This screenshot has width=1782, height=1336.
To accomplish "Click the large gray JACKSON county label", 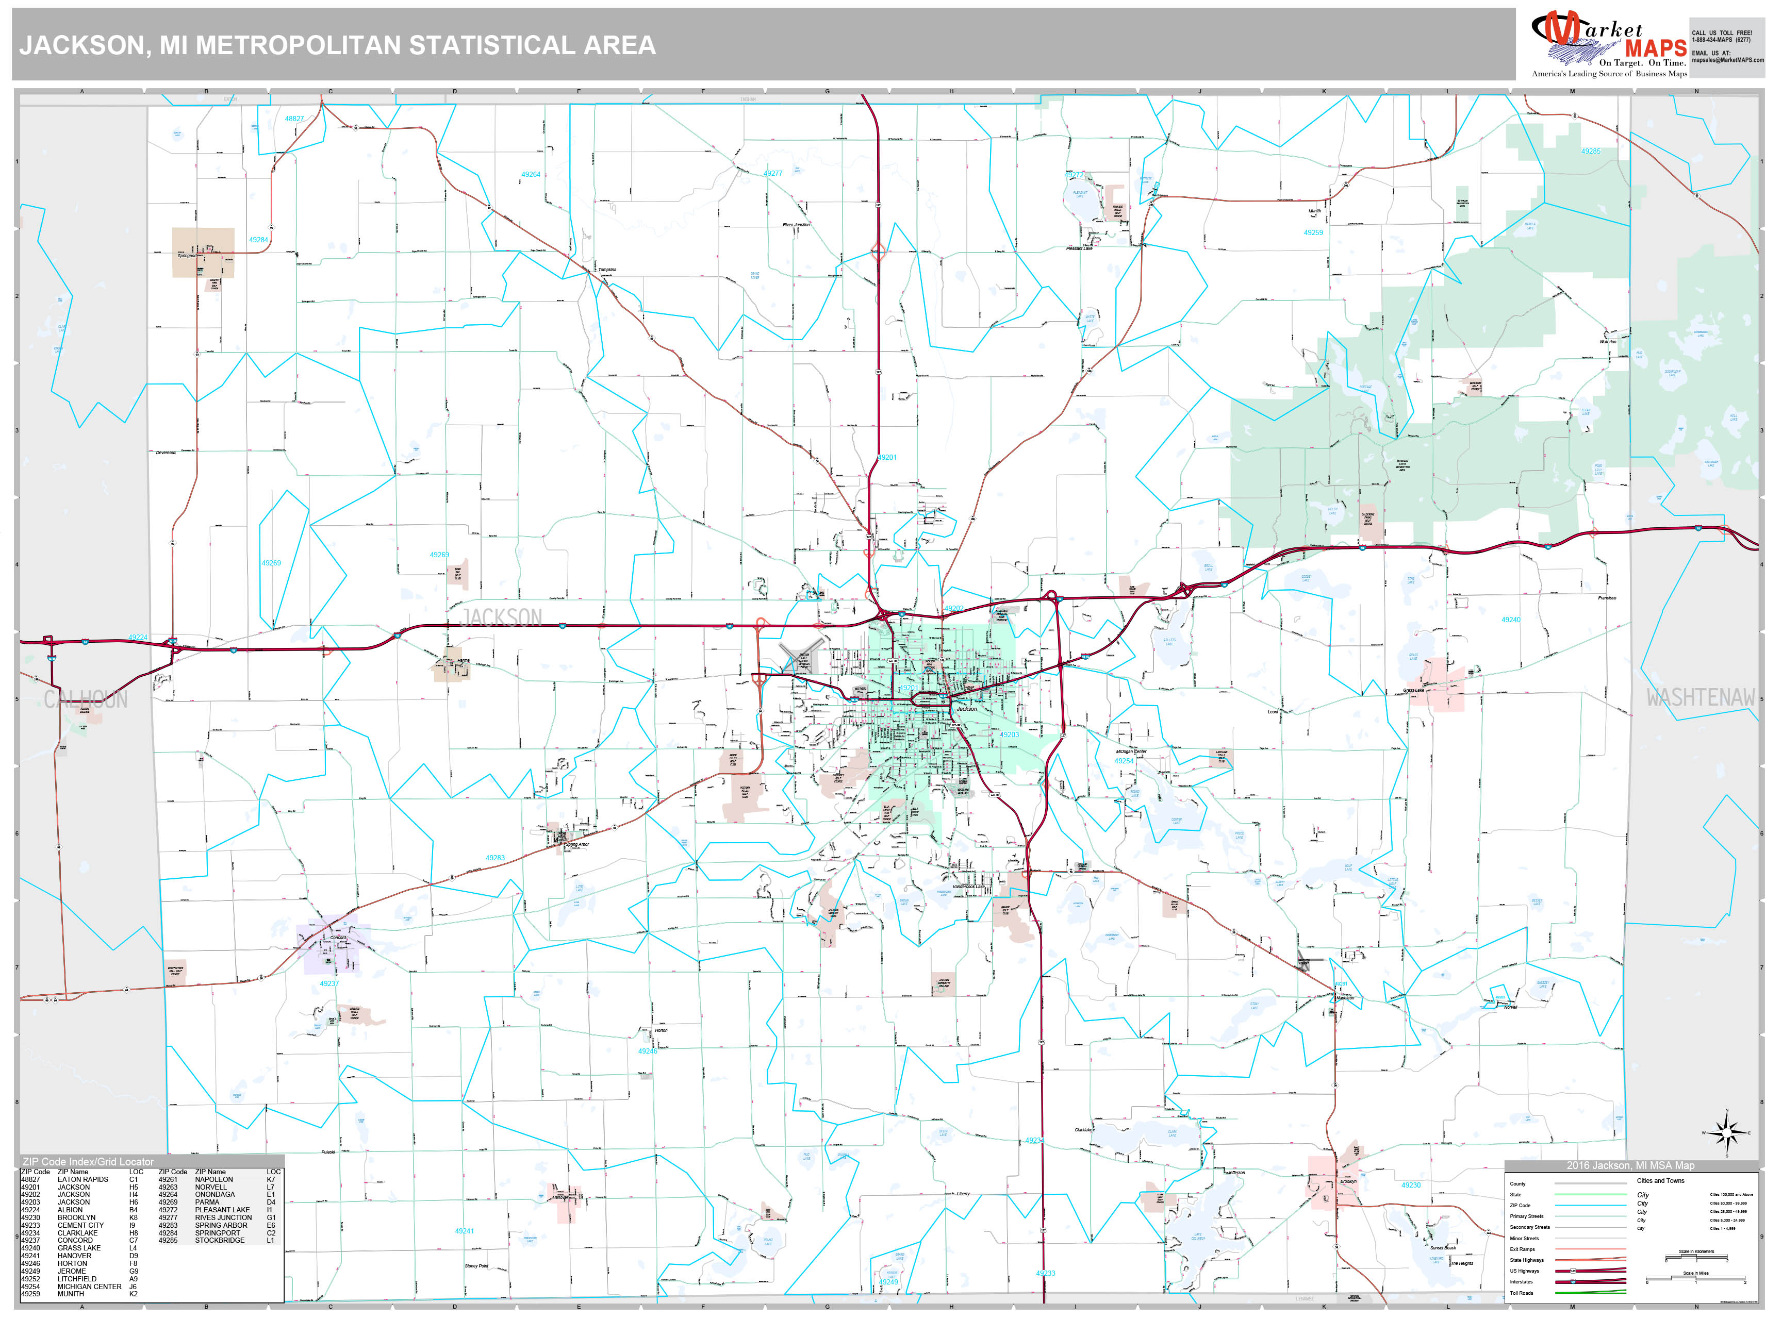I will [500, 617].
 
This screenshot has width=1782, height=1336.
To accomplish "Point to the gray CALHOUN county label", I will [86, 699].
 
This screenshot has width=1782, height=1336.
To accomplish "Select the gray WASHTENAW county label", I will [1700, 697].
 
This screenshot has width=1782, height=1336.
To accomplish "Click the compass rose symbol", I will [1726, 1134].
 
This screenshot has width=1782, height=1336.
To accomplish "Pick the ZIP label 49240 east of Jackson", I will [1510, 620].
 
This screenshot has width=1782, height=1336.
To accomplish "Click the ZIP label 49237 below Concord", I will [328, 983].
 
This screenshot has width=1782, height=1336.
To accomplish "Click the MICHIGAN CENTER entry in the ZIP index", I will [89, 1286].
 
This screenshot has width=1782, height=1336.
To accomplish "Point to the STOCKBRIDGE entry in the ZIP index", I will [219, 1240].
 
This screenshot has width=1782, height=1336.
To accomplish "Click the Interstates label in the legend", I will [1521, 1281].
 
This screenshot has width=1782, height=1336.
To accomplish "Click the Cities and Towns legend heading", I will [1660, 1180].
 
